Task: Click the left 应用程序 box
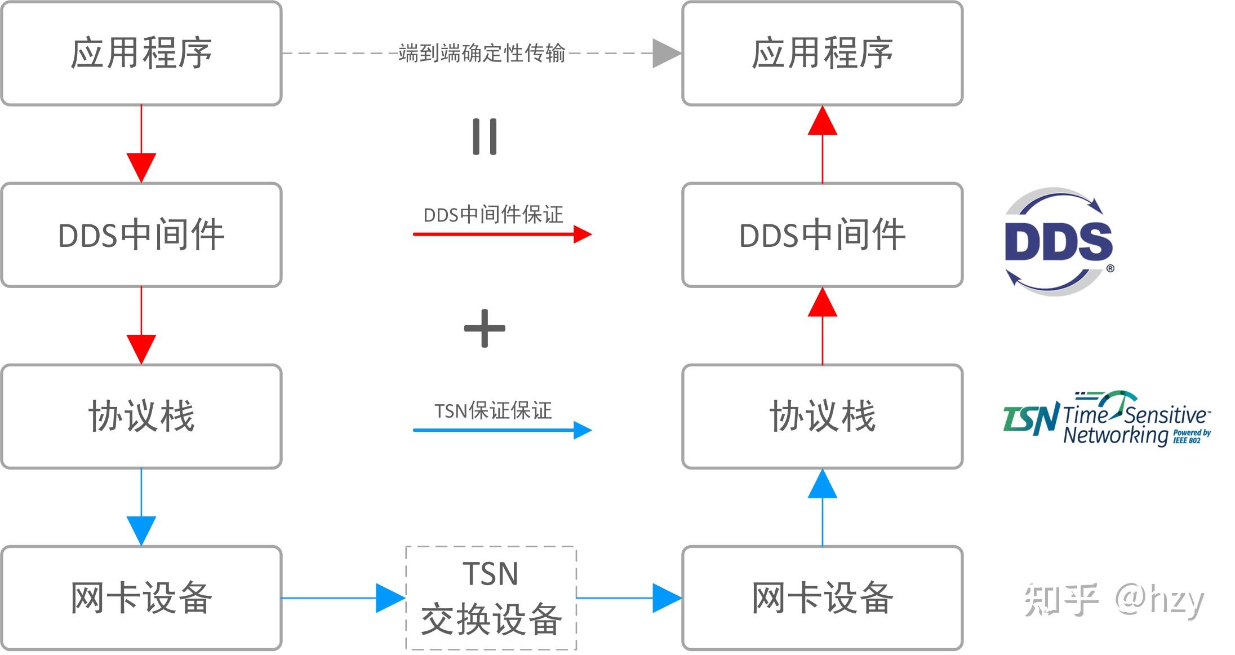coord(141,54)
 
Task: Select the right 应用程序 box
coord(822,54)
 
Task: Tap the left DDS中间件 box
coord(141,235)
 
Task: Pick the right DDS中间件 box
coord(822,235)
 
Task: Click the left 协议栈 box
coord(141,417)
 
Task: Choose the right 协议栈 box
coord(822,417)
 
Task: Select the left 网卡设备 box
coord(141,598)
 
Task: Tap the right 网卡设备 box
coord(822,598)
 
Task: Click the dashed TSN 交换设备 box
coord(491,598)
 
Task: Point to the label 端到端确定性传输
coord(482,53)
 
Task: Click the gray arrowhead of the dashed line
coord(666,54)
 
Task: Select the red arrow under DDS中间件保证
coord(501,234)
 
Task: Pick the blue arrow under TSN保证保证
coord(501,430)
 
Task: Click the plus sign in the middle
coord(485,329)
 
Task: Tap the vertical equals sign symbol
coord(485,136)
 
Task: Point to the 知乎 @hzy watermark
coord(1113,599)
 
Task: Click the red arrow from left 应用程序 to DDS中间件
coord(141,144)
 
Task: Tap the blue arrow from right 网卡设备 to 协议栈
coord(822,507)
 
